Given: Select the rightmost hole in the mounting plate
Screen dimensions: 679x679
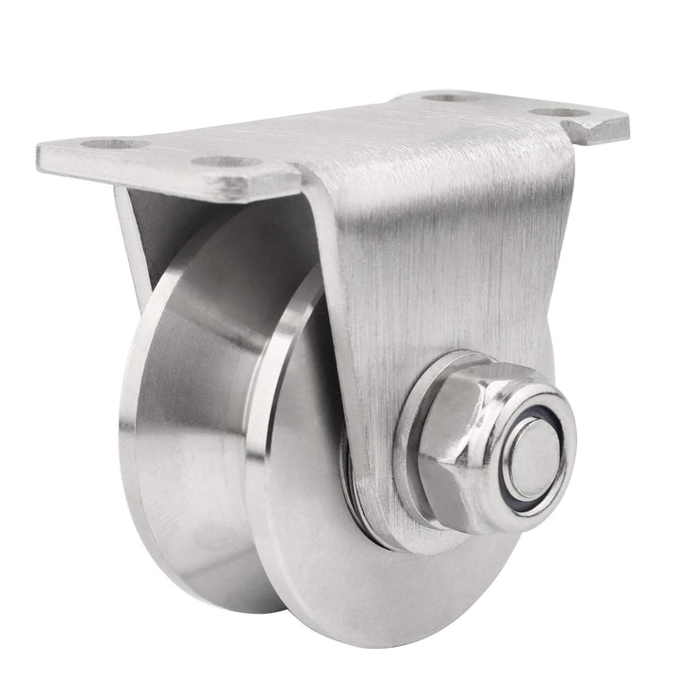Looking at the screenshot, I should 571,112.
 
